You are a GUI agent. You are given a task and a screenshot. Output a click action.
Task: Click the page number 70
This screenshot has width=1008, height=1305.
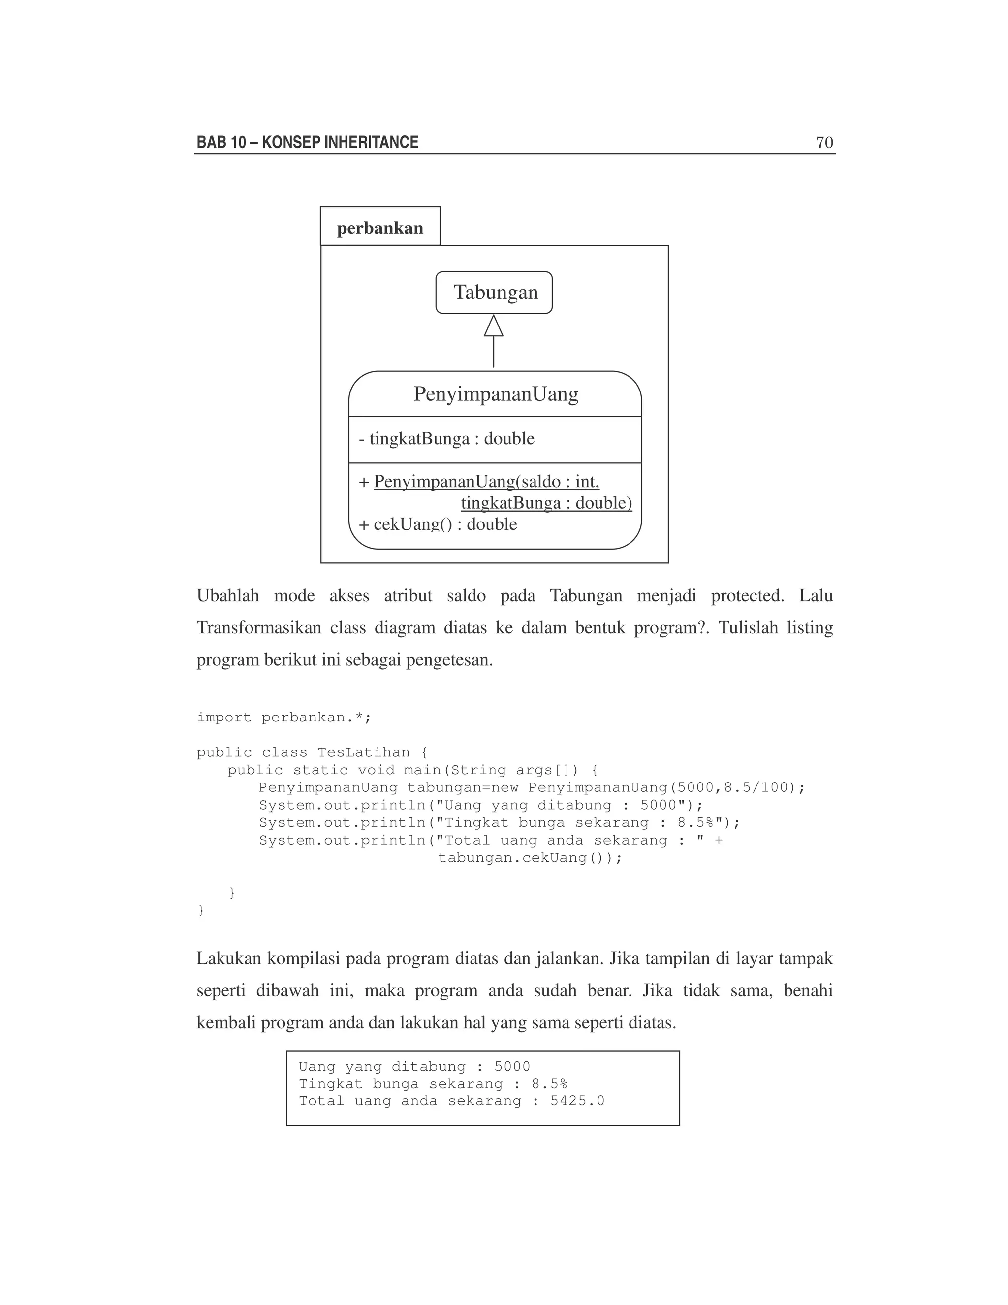pos(824,143)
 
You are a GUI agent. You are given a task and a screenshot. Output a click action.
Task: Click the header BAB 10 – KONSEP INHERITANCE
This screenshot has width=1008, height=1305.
pos(308,143)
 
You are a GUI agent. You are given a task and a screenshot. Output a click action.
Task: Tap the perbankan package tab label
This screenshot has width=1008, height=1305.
pos(380,228)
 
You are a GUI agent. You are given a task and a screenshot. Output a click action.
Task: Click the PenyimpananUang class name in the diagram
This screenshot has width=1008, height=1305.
pos(496,394)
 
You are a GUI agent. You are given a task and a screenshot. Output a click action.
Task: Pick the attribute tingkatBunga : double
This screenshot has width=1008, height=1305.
pos(447,439)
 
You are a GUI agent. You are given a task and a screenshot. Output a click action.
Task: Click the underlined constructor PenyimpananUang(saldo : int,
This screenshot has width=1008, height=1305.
pos(486,482)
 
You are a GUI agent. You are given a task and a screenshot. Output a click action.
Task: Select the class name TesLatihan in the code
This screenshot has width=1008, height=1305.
pos(364,753)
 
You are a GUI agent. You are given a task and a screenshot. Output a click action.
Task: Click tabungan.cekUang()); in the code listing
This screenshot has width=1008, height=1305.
pos(530,858)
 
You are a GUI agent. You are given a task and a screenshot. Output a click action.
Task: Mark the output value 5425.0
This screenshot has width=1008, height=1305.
pos(577,1101)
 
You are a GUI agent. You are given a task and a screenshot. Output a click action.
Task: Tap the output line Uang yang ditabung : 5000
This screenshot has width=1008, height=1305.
pos(414,1067)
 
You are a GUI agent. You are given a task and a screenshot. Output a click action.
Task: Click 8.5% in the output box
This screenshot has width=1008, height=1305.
pos(549,1084)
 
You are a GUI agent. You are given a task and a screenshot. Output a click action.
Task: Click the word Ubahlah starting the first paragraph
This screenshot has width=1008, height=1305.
pos(228,596)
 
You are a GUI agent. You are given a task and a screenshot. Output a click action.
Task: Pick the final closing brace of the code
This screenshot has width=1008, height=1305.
pos(201,911)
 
